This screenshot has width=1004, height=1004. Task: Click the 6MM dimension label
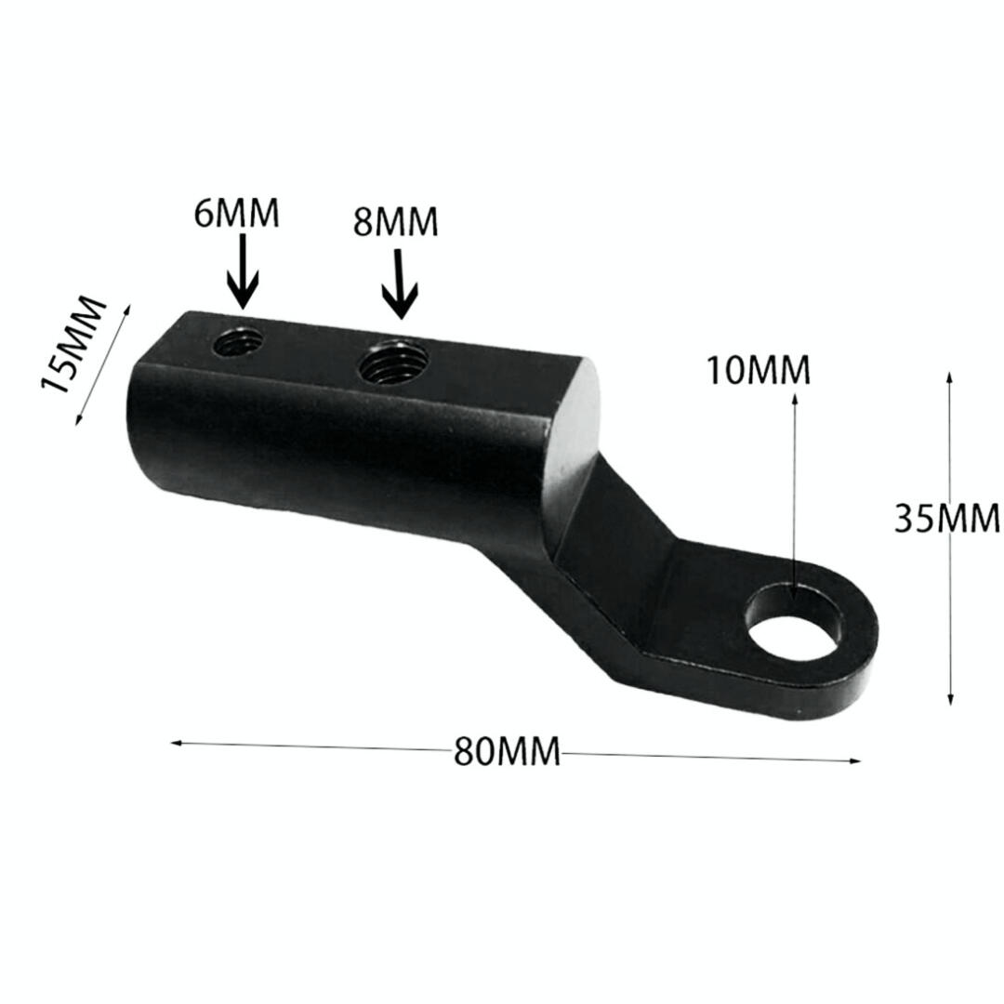click(236, 213)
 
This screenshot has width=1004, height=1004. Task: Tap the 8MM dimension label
click(395, 222)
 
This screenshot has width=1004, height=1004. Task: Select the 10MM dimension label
click(759, 370)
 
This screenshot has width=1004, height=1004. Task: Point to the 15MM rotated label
click(72, 344)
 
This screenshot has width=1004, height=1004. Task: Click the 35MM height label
click(946, 518)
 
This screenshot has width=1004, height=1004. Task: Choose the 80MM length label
click(507, 752)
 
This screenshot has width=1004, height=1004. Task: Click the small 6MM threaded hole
click(238, 342)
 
